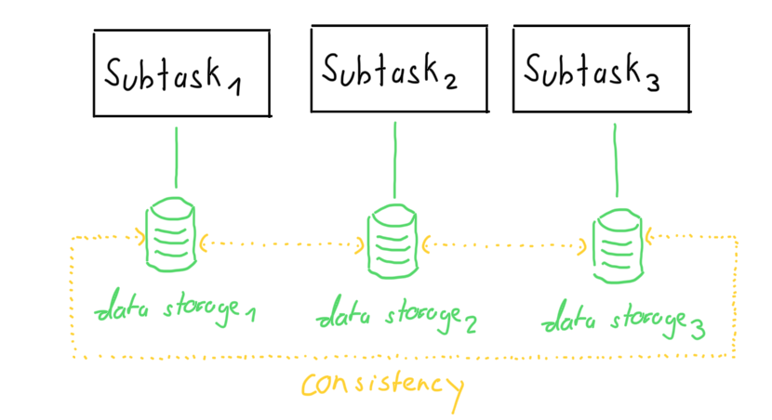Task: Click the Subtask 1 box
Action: [x=180, y=73]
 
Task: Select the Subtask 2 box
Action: [x=398, y=69]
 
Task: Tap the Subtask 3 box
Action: [x=601, y=69]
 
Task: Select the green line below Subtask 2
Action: [x=394, y=159]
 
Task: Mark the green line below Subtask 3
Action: [x=613, y=164]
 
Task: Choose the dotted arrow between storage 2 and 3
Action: [x=503, y=246]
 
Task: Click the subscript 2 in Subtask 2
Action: [x=450, y=81]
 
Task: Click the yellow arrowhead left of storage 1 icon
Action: [x=140, y=237]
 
